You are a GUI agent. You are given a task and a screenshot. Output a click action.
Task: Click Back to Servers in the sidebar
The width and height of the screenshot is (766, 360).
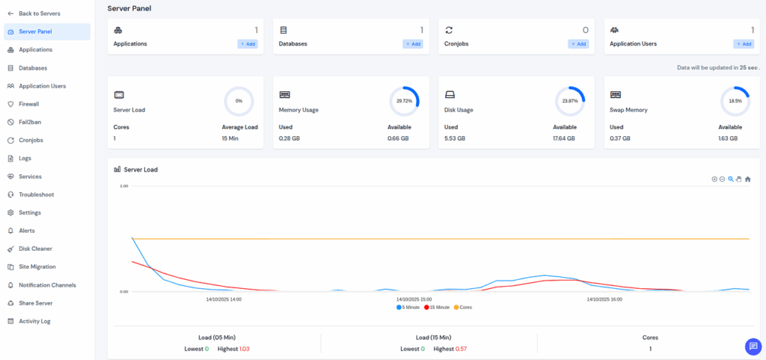[39, 13]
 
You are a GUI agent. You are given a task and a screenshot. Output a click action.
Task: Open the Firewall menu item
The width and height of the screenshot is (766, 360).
[28, 104]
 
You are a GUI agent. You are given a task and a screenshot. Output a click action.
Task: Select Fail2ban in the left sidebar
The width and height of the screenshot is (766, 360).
[28, 122]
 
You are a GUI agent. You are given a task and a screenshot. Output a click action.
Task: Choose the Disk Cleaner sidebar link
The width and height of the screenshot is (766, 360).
[34, 248]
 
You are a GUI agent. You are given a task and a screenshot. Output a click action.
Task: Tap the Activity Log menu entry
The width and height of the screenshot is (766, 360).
[34, 321]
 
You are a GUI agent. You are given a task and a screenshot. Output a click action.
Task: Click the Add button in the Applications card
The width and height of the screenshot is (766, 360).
[248, 44]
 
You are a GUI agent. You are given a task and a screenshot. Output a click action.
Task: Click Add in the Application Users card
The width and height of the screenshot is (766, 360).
[743, 44]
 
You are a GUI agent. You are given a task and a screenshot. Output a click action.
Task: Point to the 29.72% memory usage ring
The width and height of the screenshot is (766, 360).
[404, 100]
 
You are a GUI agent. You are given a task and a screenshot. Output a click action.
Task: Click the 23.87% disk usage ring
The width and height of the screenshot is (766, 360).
[569, 100]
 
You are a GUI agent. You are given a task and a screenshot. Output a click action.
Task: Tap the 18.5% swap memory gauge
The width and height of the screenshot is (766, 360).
[735, 100]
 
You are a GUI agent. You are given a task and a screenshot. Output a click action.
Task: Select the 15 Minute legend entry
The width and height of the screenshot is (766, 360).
[437, 308]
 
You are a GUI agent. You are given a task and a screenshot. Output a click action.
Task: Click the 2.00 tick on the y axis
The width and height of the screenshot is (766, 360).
[124, 186]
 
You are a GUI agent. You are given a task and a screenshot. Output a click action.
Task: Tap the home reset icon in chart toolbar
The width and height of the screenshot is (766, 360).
[747, 179]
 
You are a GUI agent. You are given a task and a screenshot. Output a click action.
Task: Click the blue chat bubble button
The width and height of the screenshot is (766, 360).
[753, 347]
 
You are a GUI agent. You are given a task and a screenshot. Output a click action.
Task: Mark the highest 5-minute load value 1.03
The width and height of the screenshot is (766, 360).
[244, 350]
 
